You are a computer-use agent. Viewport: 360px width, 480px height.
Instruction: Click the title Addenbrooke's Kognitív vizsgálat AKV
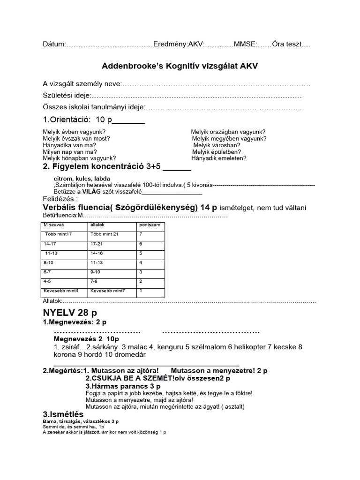pyautogui.click(x=180, y=66)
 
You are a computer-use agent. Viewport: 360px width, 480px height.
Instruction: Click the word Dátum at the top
pyautogui.click(x=52, y=45)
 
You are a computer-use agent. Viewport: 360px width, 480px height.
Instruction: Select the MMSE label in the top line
pyautogui.click(x=245, y=45)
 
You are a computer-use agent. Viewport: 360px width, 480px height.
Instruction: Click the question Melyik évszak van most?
pyautogui.click(x=76, y=139)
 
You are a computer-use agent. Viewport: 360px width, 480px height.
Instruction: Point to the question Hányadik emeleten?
pyautogui.click(x=218, y=158)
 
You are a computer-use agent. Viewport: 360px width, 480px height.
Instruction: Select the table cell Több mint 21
pyautogui.click(x=105, y=234)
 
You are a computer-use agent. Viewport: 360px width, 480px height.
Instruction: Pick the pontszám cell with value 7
pyautogui.click(x=141, y=234)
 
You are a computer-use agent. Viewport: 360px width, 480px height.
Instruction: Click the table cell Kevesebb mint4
pyautogui.click(x=61, y=291)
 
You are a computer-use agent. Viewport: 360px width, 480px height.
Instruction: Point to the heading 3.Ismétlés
pyautogui.click(x=63, y=414)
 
